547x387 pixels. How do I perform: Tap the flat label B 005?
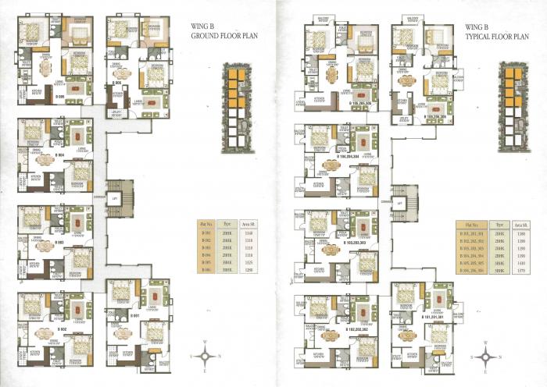click(59, 97)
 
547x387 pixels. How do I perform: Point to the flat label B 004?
click(59, 154)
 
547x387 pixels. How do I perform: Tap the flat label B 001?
click(134, 316)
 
